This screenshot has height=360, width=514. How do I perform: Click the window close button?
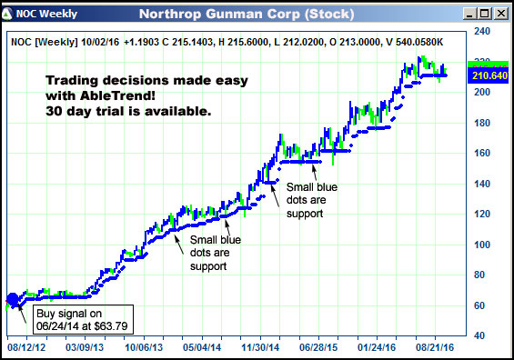point(501,15)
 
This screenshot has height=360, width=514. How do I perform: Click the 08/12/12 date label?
point(26,347)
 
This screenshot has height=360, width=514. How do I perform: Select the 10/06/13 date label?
point(144,347)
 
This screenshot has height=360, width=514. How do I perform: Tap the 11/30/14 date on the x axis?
point(261,347)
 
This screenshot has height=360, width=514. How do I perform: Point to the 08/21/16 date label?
point(436,347)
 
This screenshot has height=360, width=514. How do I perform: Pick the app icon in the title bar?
point(8,15)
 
